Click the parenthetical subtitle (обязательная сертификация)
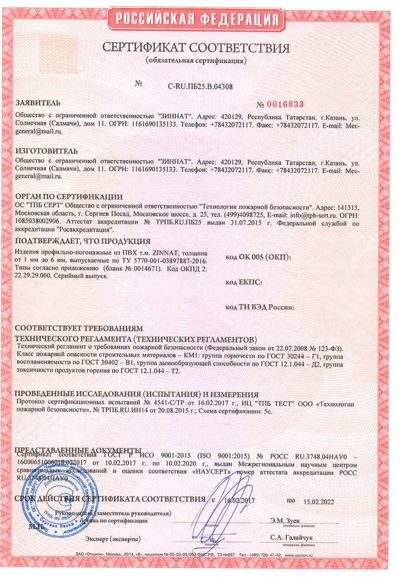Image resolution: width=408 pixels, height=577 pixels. (x=197, y=60)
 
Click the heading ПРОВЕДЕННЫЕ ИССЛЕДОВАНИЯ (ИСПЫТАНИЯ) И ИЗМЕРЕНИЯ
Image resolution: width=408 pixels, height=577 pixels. (x=136, y=394)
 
